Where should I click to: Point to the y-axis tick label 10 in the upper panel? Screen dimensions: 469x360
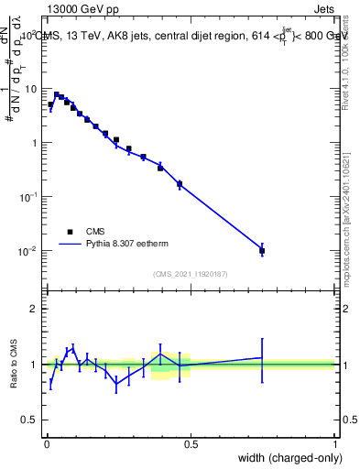[x=32, y=89]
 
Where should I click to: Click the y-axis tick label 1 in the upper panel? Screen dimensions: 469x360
[x=35, y=143]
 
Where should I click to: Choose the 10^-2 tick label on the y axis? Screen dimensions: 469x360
[x=29, y=250]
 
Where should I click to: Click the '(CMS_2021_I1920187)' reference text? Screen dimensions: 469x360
[x=190, y=273]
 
